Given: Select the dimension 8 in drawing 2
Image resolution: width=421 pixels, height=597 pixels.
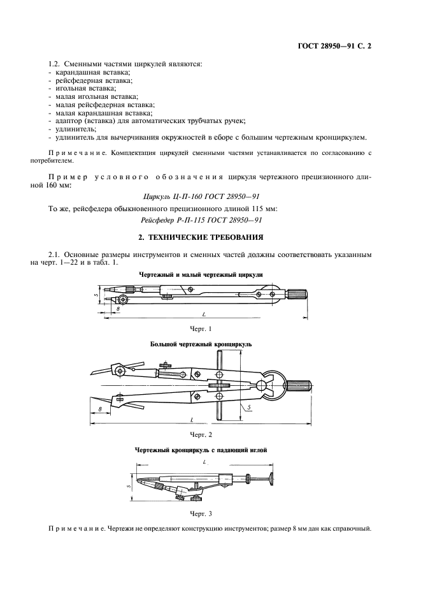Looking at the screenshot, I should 100,408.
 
